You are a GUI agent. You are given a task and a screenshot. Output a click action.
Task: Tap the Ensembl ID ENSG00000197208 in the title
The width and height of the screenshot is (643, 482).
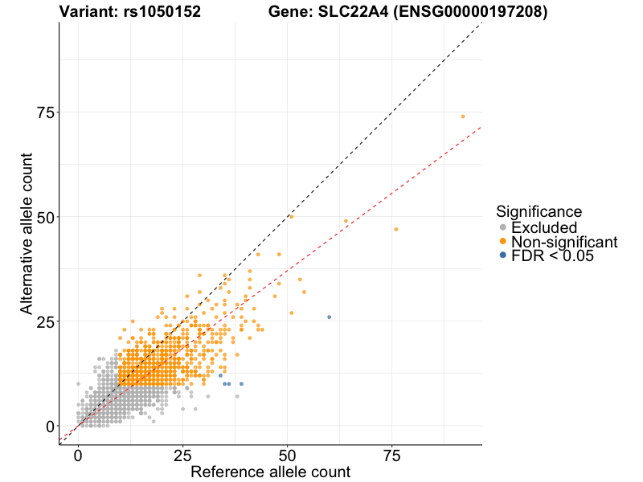[467, 12]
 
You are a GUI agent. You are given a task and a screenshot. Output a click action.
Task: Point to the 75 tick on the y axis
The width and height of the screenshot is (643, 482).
[47, 112]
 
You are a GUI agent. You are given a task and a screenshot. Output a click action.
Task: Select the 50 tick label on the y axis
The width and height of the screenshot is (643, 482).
[47, 217]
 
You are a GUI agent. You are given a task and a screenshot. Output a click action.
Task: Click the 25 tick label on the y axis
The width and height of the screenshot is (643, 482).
[47, 321]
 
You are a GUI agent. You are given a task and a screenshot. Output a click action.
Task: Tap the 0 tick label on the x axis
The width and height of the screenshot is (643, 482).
[78, 455]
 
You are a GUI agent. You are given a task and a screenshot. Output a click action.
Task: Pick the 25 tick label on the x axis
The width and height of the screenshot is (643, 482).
[182, 455]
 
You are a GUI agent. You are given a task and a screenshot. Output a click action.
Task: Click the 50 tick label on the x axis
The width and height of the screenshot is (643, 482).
[287, 455]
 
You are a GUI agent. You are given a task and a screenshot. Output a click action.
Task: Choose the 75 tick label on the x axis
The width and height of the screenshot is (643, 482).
[391, 455]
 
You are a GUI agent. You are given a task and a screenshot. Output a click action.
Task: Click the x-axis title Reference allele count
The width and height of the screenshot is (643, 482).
[270, 472]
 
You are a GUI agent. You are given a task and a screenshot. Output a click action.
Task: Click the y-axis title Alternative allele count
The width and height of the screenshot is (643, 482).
[27, 234]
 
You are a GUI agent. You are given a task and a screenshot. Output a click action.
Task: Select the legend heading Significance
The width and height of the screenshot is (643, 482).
[539, 211]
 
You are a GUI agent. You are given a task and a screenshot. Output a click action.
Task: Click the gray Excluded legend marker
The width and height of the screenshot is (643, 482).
[503, 228]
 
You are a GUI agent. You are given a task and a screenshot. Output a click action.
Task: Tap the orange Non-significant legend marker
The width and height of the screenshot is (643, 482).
[503, 242]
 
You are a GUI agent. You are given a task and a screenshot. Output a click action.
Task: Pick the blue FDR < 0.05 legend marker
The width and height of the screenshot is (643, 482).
[503, 255]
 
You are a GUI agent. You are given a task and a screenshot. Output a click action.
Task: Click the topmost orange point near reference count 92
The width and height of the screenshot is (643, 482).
[463, 116]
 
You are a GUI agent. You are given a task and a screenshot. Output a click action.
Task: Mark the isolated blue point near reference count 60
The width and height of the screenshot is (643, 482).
[329, 317]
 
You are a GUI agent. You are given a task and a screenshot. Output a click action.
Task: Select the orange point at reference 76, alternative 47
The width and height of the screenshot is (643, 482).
[396, 230]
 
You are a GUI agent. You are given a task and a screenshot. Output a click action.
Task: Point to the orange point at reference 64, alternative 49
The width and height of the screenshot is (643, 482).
[346, 221]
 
